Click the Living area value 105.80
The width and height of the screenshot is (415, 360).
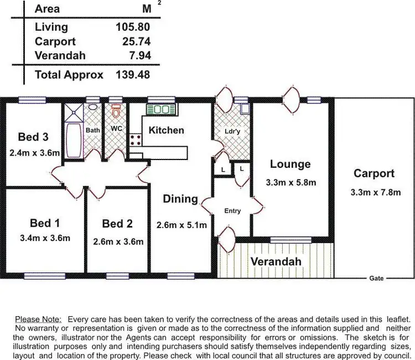(x=133, y=27)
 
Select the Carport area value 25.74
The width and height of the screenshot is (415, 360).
(x=136, y=42)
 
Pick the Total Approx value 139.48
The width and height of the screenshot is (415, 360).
(x=133, y=75)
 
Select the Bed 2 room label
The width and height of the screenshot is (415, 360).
(x=117, y=224)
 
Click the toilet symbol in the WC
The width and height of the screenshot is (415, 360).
(x=116, y=113)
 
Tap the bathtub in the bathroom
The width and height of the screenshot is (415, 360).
(x=72, y=141)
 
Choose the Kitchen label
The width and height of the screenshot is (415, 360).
(x=166, y=130)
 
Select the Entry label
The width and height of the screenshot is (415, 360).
(x=232, y=211)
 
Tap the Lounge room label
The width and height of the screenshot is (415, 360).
(x=290, y=164)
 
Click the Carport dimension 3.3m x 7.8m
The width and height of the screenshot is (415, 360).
(x=375, y=193)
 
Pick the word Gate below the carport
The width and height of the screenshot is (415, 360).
(x=377, y=277)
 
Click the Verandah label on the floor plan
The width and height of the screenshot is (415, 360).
(x=276, y=261)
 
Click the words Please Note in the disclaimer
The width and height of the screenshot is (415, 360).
(x=39, y=320)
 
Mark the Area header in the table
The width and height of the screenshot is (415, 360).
(x=47, y=9)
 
